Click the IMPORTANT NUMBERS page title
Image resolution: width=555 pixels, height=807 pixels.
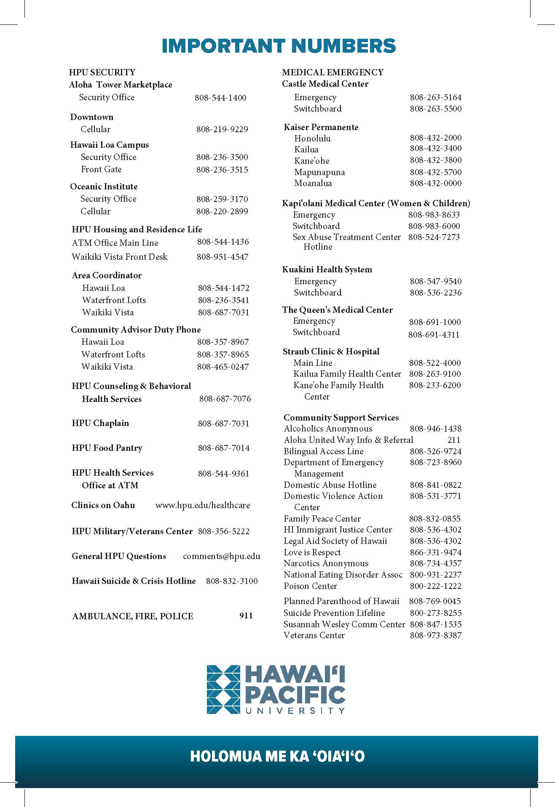[x=279, y=46]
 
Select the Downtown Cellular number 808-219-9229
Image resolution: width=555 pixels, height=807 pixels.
[x=222, y=129]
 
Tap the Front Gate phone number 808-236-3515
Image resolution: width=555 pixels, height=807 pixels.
[x=222, y=170]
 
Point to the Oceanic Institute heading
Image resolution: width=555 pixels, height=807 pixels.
[x=104, y=186]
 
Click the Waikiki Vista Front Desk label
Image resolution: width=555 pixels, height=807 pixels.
[x=120, y=257]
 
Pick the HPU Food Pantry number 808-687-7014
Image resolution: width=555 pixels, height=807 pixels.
[x=224, y=448]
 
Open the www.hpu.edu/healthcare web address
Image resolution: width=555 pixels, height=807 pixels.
[x=203, y=505]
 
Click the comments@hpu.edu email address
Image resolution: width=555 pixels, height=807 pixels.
[x=222, y=556]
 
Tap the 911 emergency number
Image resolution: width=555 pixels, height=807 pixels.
[x=246, y=615]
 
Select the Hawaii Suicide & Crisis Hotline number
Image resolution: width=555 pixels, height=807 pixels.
[x=232, y=581]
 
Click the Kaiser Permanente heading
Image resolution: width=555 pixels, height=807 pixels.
[x=321, y=127]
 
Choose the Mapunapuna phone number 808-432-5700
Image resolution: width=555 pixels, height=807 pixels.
[x=436, y=172]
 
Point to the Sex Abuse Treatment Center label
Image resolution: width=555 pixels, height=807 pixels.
[x=346, y=237]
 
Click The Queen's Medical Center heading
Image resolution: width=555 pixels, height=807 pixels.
[x=338, y=310]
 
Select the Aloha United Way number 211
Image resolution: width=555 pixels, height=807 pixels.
[x=454, y=440]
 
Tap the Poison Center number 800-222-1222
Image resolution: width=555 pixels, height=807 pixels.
[x=436, y=586]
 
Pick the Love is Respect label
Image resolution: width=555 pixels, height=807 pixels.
[x=312, y=552]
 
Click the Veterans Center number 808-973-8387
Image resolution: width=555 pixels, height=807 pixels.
[x=436, y=635]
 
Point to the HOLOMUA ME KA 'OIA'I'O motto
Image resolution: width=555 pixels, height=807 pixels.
[x=277, y=756]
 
